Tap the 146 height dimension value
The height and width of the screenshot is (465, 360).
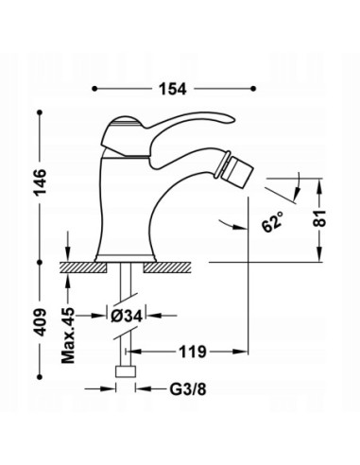40,183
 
